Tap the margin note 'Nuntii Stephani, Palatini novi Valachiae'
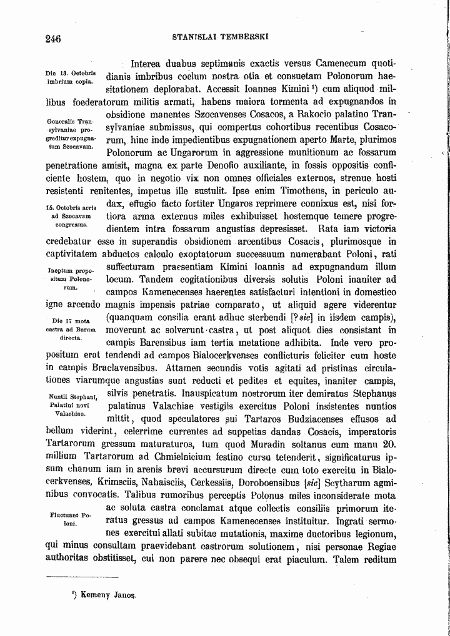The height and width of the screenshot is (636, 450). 70,404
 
